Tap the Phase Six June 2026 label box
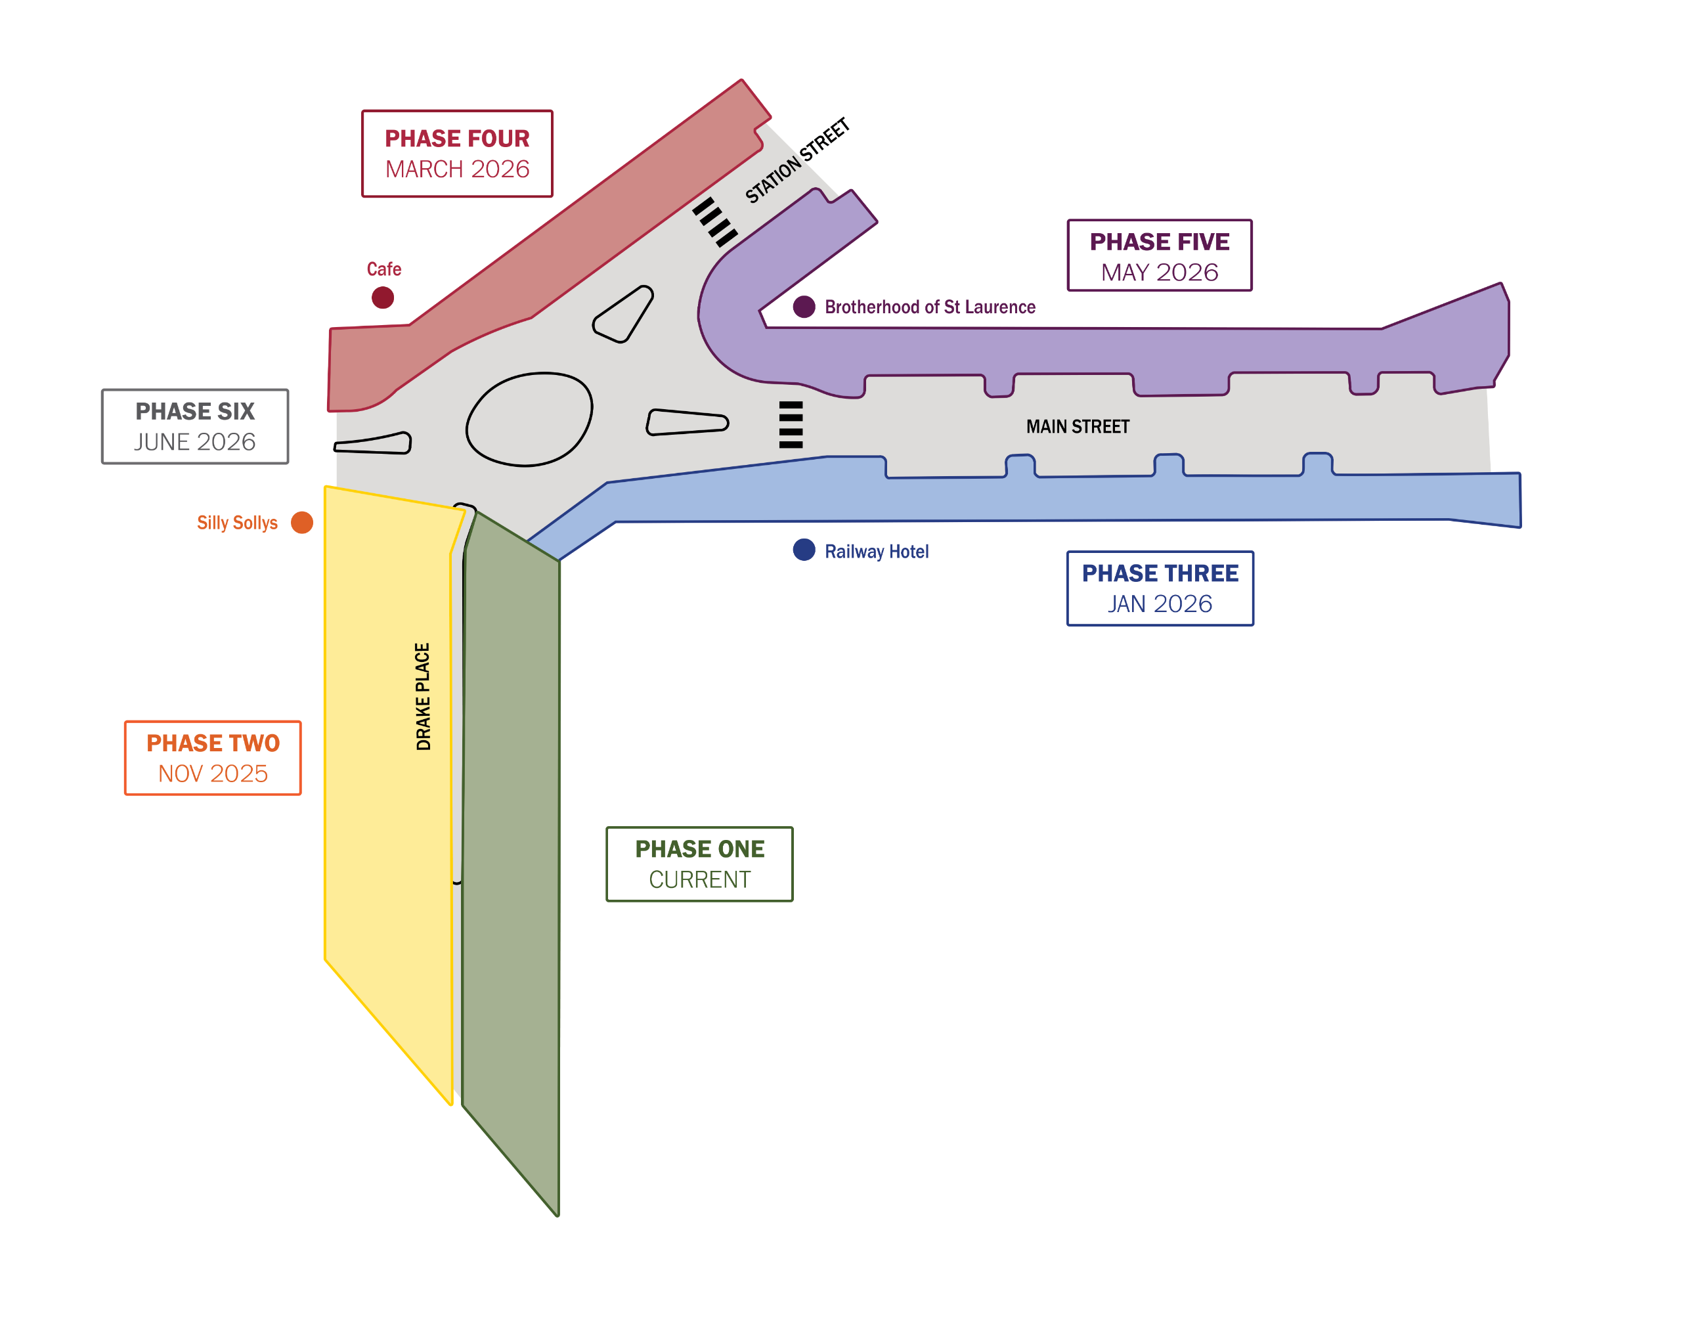point(195,426)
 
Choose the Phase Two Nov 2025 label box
point(213,758)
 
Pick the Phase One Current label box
point(699,864)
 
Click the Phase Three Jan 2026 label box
point(1160,588)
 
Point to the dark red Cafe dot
point(382,297)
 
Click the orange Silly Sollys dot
point(302,523)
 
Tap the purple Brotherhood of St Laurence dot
point(804,307)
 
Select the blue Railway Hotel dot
point(804,550)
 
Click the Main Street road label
point(1078,426)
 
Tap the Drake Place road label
point(423,696)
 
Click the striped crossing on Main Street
point(790,424)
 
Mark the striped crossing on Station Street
point(714,222)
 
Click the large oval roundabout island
point(529,419)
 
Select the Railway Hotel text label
point(876,551)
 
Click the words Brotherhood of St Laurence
point(930,307)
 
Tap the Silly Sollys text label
point(237,523)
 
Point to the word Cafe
point(384,269)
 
